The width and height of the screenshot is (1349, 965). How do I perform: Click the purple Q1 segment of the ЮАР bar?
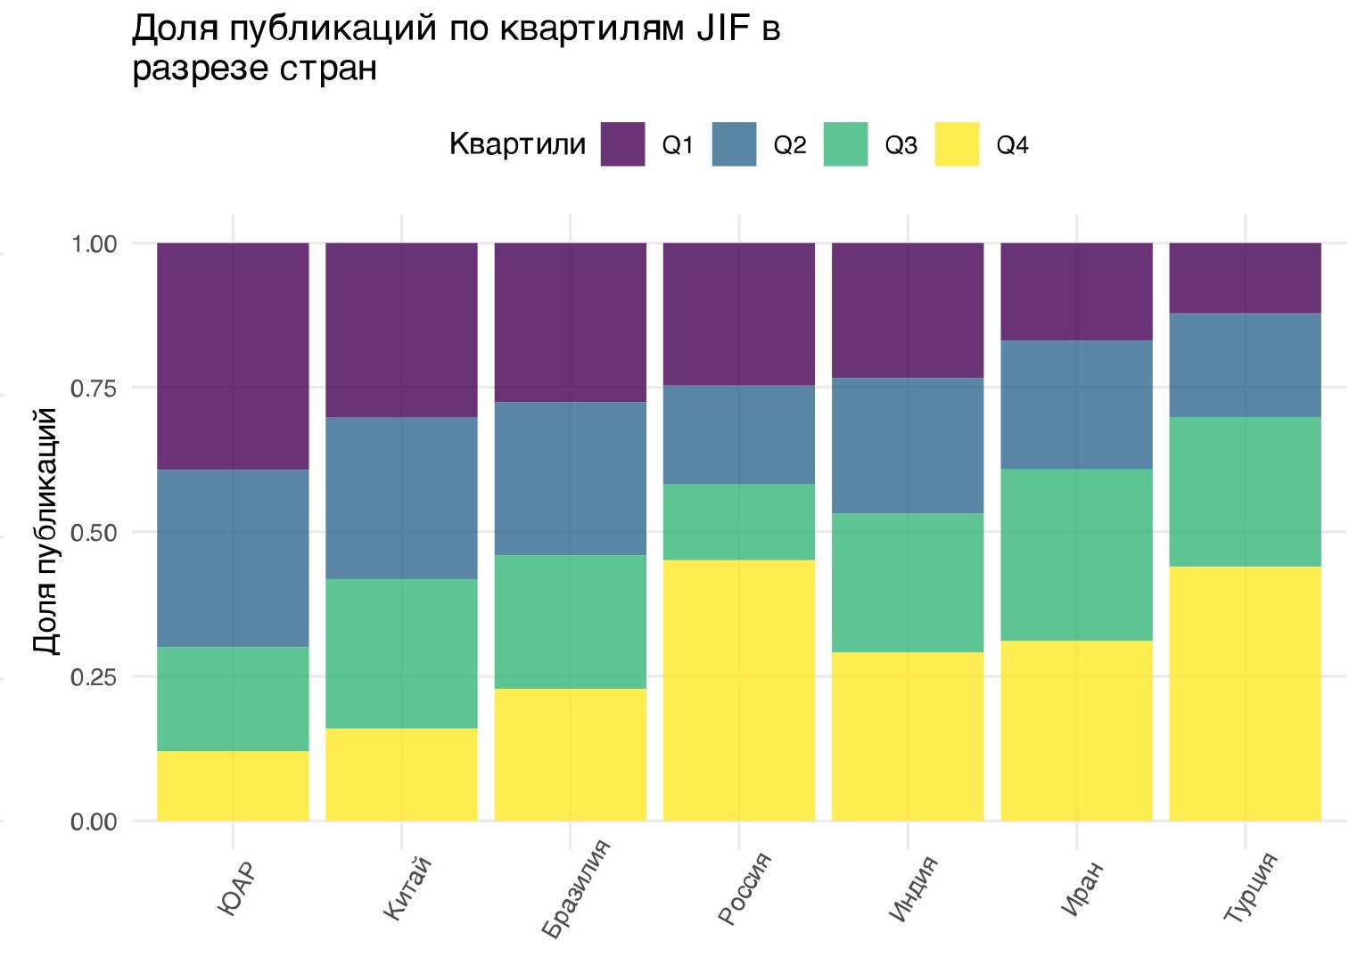click(x=233, y=356)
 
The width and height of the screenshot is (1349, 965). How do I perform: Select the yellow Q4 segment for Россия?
click(x=738, y=690)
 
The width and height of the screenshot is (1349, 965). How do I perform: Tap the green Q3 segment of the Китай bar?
click(x=401, y=653)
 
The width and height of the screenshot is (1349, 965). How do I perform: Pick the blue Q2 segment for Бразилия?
click(x=570, y=478)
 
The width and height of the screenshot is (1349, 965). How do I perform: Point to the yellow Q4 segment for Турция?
click(x=1245, y=693)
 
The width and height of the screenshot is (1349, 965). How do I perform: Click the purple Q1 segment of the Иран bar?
click(x=1076, y=291)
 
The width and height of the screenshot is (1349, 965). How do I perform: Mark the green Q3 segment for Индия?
click(x=908, y=583)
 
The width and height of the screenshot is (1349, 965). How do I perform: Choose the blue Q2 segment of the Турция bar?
click(x=1245, y=365)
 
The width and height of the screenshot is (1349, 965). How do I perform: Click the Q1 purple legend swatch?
click(x=622, y=144)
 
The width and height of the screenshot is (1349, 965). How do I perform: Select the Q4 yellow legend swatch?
click(x=957, y=144)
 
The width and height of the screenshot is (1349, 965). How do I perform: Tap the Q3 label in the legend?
click(x=901, y=145)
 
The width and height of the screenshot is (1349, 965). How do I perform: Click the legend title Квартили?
click(x=517, y=144)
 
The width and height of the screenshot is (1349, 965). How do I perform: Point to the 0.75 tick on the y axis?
click(x=94, y=388)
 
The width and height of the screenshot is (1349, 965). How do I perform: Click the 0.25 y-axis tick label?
click(x=94, y=677)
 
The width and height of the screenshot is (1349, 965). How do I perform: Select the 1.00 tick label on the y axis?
click(x=94, y=243)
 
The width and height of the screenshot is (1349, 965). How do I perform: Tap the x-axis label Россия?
click(x=745, y=888)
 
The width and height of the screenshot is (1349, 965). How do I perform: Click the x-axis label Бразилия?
click(x=578, y=888)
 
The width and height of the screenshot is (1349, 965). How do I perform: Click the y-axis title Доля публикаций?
click(x=45, y=531)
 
